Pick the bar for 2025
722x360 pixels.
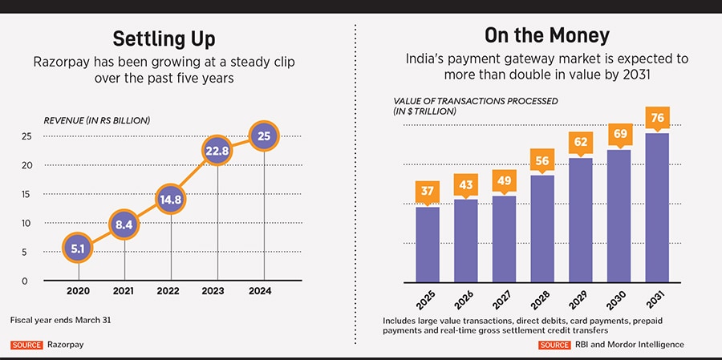click(427, 245)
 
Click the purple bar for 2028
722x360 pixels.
click(542, 229)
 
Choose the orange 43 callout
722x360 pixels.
click(465, 185)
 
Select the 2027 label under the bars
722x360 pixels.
click(503, 301)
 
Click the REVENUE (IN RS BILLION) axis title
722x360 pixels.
click(97, 120)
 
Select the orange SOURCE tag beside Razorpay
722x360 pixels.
click(26, 345)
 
